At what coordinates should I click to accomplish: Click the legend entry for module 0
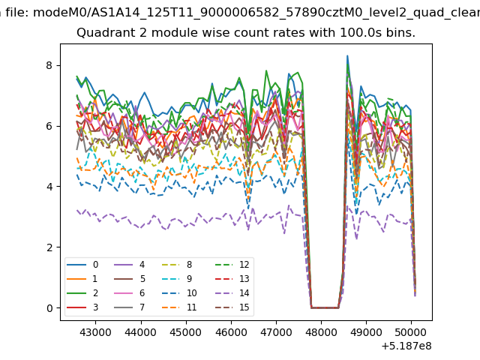coord(82,265)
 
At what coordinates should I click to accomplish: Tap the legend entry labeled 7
coord(130,307)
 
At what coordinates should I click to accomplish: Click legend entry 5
coord(130,279)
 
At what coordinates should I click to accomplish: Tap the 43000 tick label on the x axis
coord(95,332)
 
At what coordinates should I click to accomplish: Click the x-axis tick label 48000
coord(321,332)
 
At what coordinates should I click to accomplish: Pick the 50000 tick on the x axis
coord(411,332)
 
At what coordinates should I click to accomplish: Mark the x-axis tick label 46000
coord(231,332)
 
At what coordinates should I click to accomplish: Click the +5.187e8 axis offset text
coord(406,346)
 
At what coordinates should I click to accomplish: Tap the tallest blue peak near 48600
coord(347,56)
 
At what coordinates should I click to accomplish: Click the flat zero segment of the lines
coord(325,307)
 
